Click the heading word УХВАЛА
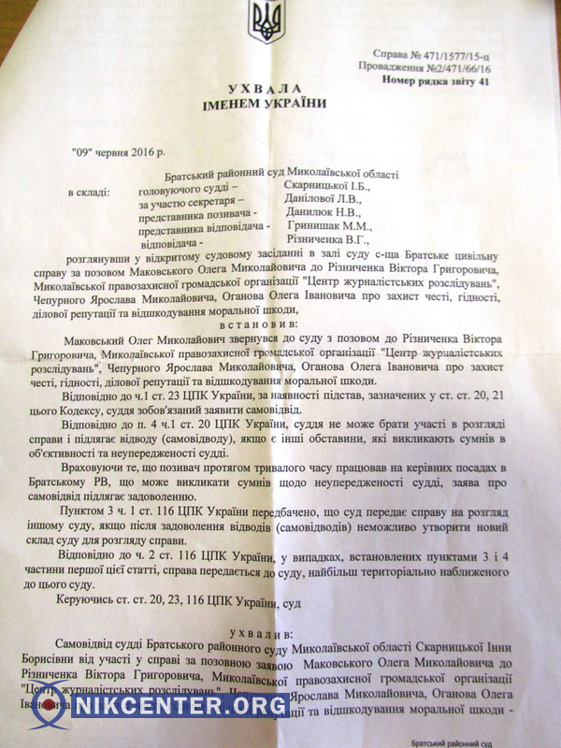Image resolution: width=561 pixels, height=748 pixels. click(252, 87)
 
